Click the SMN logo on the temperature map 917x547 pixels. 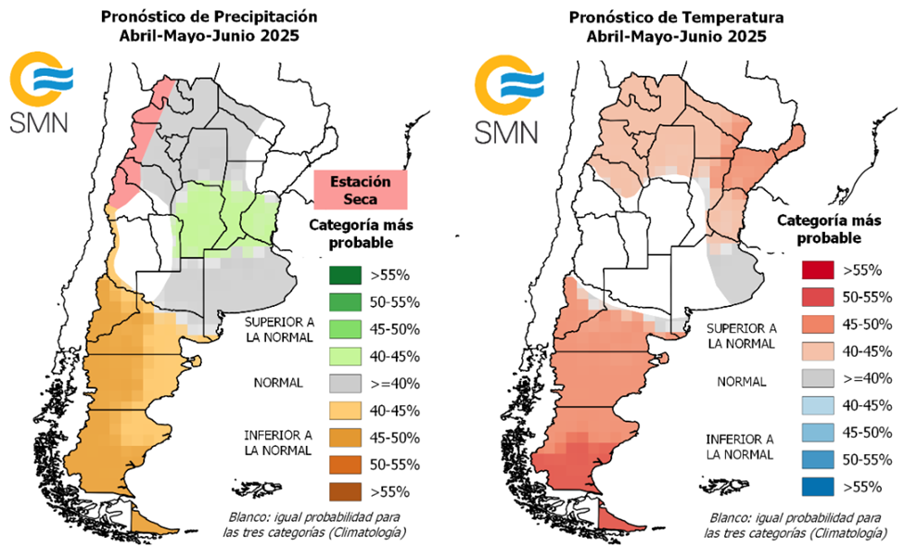tap(505, 97)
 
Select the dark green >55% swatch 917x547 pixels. tap(345, 275)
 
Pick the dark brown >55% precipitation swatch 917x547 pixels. tap(345, 491)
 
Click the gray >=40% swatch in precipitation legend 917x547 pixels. tap(345, 383)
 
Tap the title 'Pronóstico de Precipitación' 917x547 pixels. tap(209, 17)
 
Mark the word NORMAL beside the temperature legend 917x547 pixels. tap(741, 381)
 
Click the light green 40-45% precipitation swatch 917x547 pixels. tap(345, 356)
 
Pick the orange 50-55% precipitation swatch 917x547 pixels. tap(345, 464)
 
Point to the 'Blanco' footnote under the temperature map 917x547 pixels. tap(790, 525)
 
